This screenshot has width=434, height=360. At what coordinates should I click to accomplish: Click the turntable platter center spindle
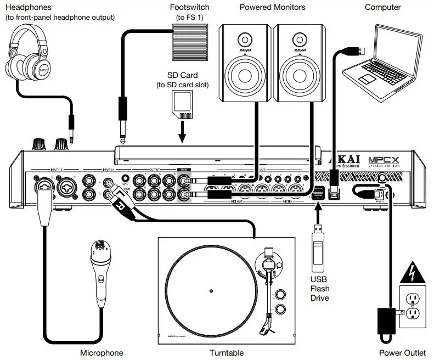click(211, 288)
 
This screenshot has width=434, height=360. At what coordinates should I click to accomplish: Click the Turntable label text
click(227, 352)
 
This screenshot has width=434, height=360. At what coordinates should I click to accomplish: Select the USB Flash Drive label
click(319, 288)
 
